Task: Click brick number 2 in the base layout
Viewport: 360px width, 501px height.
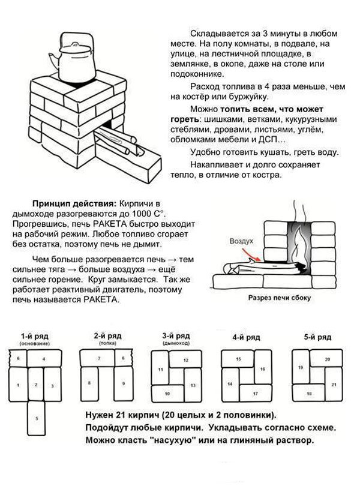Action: point(36,383)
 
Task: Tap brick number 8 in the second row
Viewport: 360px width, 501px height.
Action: point(89,382)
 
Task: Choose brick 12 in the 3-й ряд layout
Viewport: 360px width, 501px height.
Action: point(185,360)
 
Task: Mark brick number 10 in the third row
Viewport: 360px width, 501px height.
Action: point(167,393)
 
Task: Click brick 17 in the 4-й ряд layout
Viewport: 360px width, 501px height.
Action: point(254,393)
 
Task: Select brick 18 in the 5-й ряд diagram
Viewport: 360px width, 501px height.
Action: point(308,393)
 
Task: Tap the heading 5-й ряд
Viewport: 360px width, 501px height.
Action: point(317,337)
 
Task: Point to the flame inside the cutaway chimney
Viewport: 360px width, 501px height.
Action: point(299,243)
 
